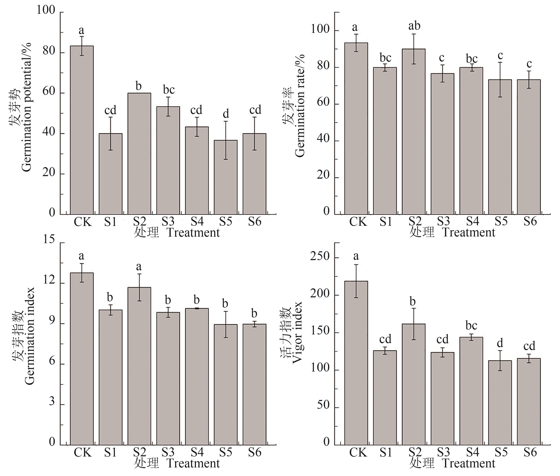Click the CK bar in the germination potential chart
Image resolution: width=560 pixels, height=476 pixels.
pos(82,130)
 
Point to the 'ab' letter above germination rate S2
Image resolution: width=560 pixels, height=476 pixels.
pos(414,26)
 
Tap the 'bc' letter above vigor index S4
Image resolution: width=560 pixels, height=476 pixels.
pos(471,325)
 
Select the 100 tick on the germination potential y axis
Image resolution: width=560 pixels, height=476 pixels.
pos(46,10)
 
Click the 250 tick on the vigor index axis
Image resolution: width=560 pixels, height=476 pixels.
pos(320,256)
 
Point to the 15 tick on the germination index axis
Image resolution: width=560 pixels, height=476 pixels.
pos(49,239)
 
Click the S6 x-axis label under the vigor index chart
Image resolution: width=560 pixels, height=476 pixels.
pos(530,452)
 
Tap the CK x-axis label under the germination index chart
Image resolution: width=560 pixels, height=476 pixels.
pos(83,452)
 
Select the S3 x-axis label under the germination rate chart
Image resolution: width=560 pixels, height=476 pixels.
pos(443,222)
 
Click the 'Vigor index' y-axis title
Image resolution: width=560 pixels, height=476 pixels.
pos(297,332)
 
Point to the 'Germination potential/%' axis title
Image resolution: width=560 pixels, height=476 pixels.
pos(26,107)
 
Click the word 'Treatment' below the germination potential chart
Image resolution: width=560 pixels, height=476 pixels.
pos(193,233)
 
